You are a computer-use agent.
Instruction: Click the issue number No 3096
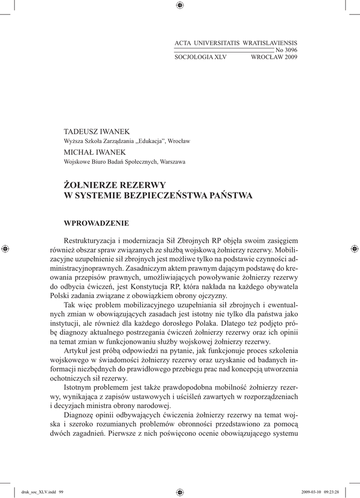tap(287, 50)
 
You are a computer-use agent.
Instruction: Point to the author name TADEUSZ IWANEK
tap(97, 132)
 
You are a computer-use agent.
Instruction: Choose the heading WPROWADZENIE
tap(96, 223)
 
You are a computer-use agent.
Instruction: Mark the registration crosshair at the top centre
tap(180, 5)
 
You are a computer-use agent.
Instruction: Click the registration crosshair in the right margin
tap(354, 249)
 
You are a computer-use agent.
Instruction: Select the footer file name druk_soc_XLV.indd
tap(34, 492)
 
